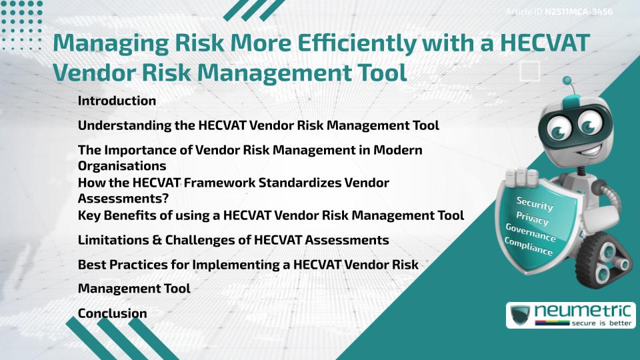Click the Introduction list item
117,101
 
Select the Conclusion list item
112,313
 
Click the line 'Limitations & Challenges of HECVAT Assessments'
233,239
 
